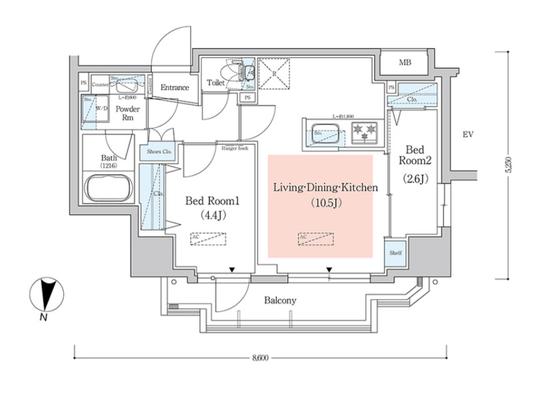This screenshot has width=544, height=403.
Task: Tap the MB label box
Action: [x=405, y=63]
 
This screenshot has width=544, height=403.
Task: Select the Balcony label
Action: [x=280, y=301]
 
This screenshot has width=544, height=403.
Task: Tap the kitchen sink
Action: [x=326, y=132]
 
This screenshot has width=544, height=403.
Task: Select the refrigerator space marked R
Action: [x=273, y=72]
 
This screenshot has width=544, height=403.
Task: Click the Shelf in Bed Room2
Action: [x=395, y=252]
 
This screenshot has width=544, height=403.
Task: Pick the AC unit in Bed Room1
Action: [x=209, y=239]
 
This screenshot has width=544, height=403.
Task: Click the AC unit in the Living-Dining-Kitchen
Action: [x=316, y=239]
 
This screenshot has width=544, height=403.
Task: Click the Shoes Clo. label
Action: [x=159, y=152]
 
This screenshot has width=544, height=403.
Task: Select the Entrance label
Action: [x=174, y=87]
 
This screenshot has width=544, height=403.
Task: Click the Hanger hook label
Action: [x=235, y=148]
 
